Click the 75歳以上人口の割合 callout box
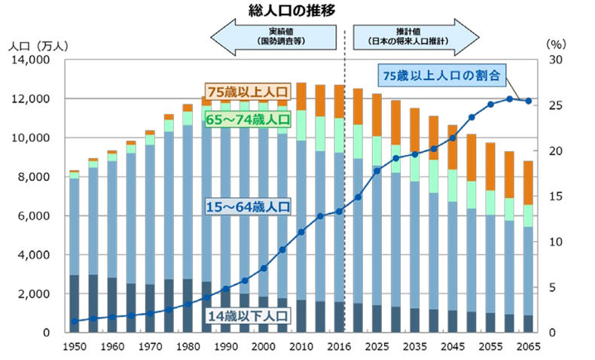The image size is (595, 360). (441, 75)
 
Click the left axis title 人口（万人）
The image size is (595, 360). (38, 44)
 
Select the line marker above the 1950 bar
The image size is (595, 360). (74, 321)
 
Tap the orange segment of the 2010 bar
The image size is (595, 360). (301, 96)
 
